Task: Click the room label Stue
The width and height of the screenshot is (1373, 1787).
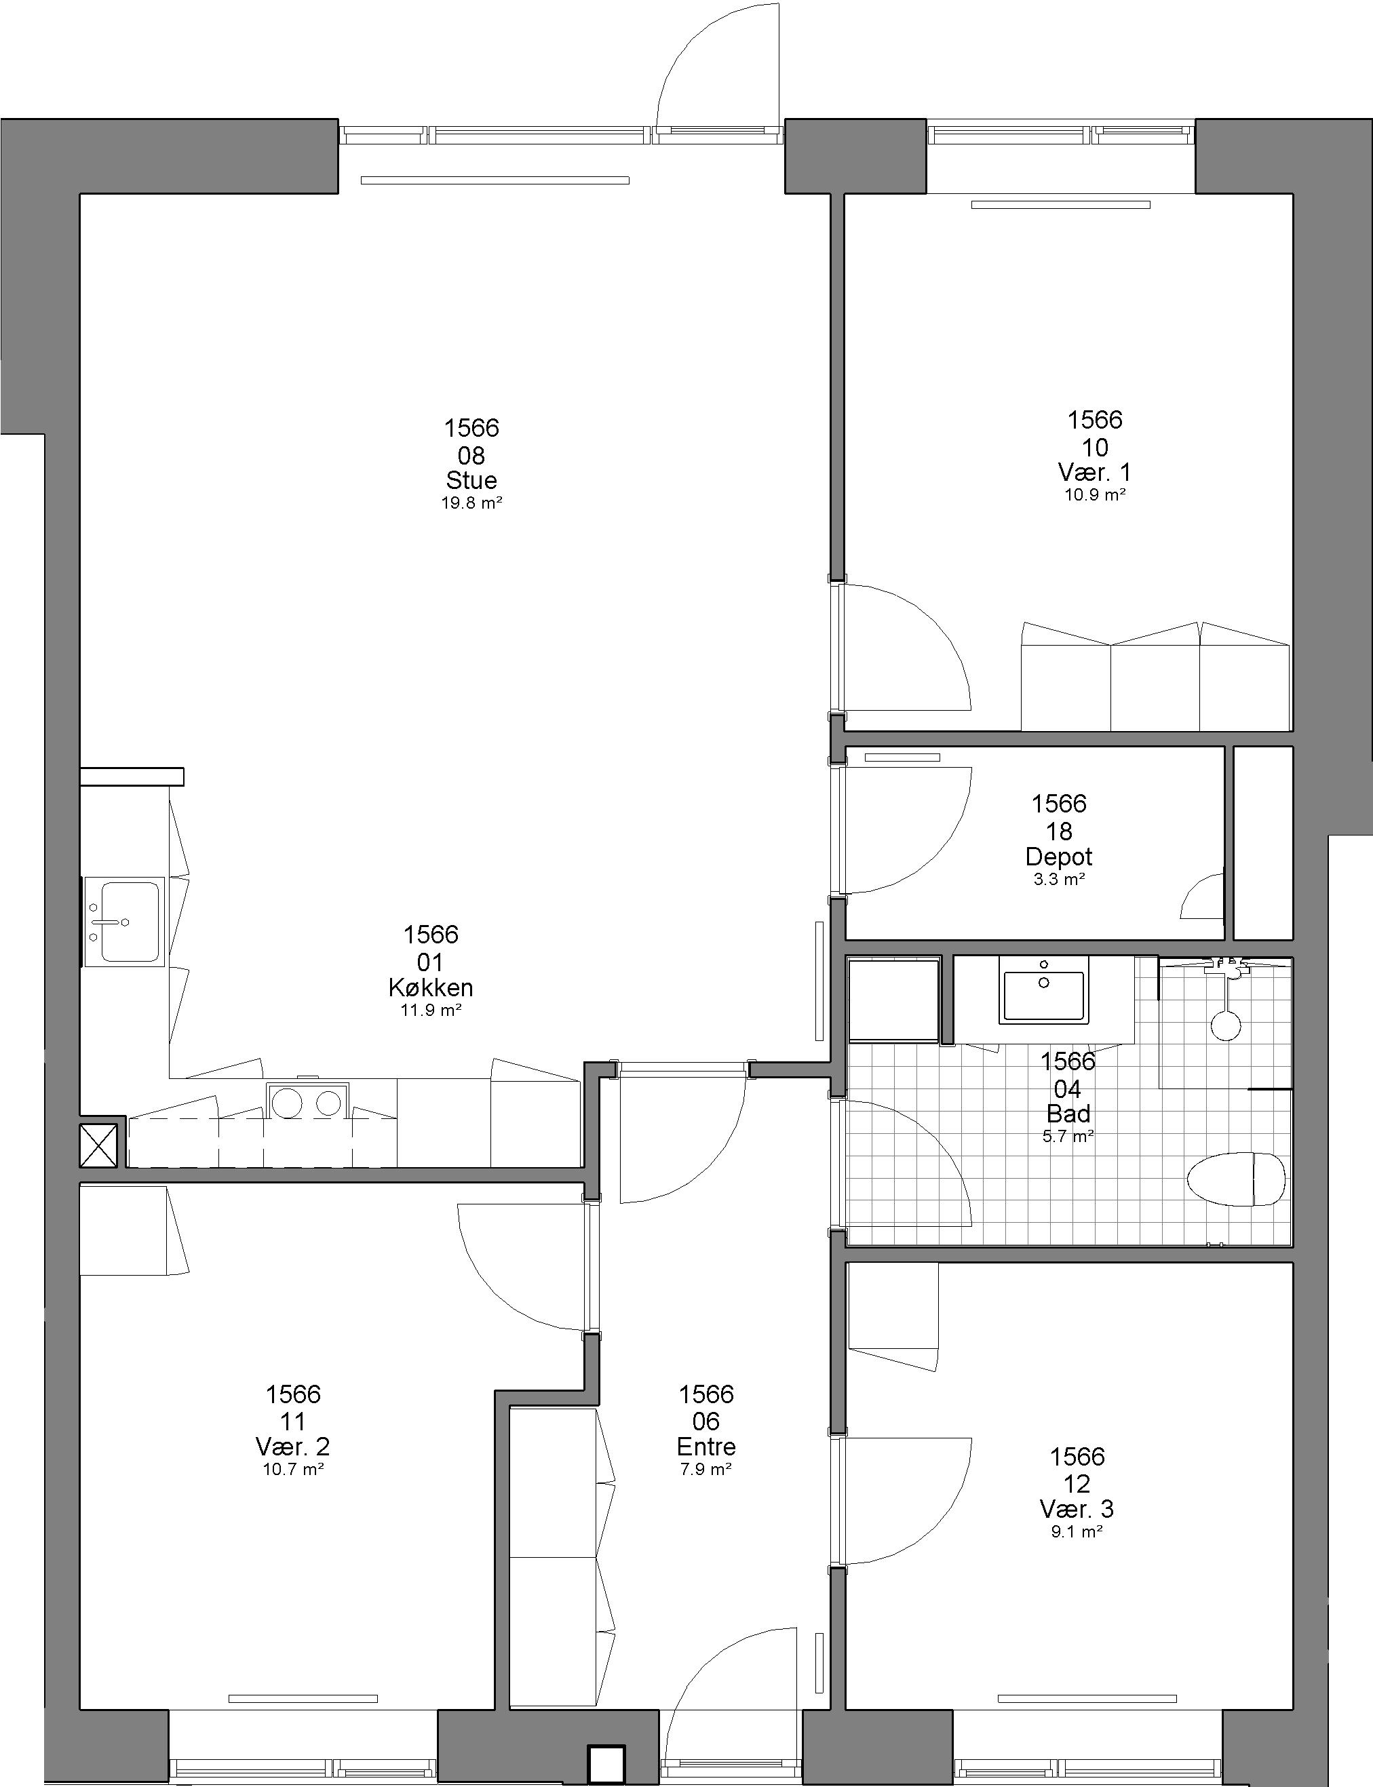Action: tap(471, 479)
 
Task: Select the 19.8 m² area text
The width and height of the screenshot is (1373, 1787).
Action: tap(471, 503)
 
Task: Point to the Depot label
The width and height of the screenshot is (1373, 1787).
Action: tap(1059, 857)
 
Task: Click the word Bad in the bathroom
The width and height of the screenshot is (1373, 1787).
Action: tap(1068, 1114)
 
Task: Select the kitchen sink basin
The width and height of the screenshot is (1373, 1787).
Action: tap(124, 922)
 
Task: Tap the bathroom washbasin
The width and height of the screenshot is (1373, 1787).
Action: tap(1043, 996)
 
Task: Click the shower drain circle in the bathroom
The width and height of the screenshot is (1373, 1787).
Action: tap(1226, 1025)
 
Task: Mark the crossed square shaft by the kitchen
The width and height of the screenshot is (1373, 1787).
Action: tap(99, 1145)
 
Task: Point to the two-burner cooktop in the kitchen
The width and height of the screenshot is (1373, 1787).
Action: tap(307, 1103)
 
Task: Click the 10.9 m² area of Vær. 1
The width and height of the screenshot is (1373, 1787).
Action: tap(1095, 495)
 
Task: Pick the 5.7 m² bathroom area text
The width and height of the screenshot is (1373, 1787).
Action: tap(1068, 1137)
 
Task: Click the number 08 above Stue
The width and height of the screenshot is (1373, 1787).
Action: tap(471, 455)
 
